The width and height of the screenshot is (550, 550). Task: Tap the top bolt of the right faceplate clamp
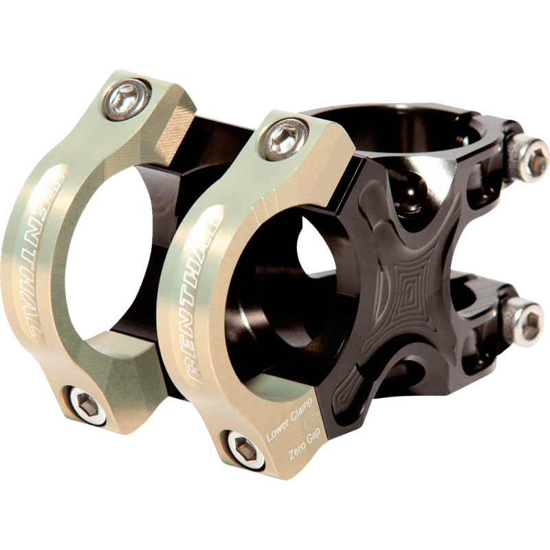pos(284,137)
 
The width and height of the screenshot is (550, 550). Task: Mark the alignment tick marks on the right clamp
pos(265,200)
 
